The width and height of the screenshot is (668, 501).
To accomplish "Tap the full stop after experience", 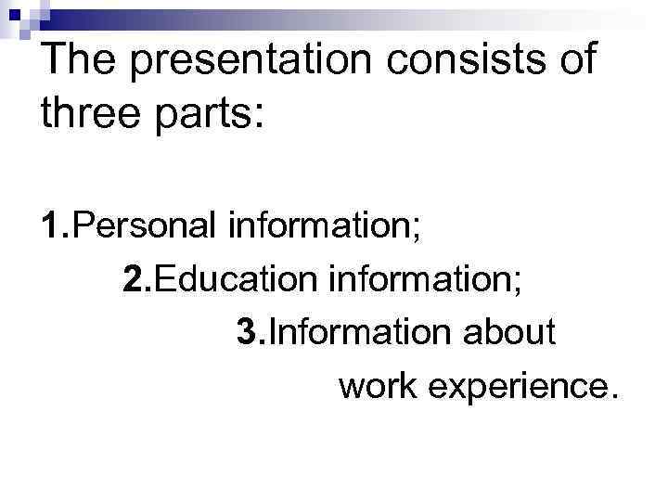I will (610, 397).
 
